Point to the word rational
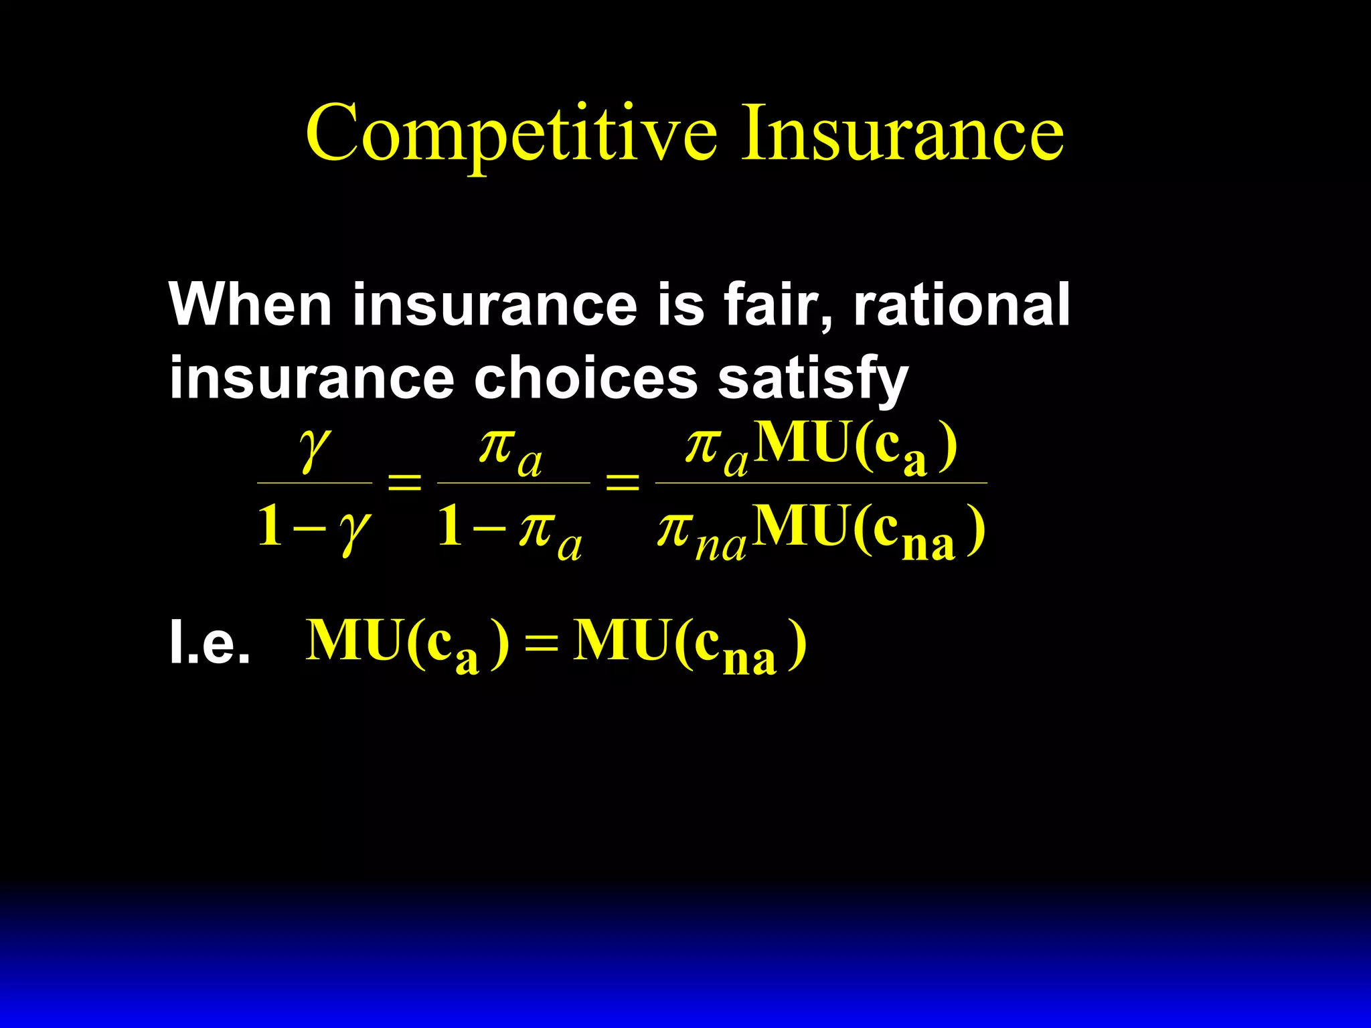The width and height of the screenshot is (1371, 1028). point(961,304)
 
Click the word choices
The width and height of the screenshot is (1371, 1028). point(586,377)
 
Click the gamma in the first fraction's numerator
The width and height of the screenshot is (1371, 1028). point(315,450)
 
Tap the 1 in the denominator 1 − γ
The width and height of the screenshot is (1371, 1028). point(270,526)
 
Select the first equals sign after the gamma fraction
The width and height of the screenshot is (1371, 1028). point(405,482)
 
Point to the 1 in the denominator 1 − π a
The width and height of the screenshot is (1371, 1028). point(450,526)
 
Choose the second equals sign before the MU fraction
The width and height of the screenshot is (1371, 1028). point(623,482)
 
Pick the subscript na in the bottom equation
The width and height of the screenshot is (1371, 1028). point(749,659)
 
